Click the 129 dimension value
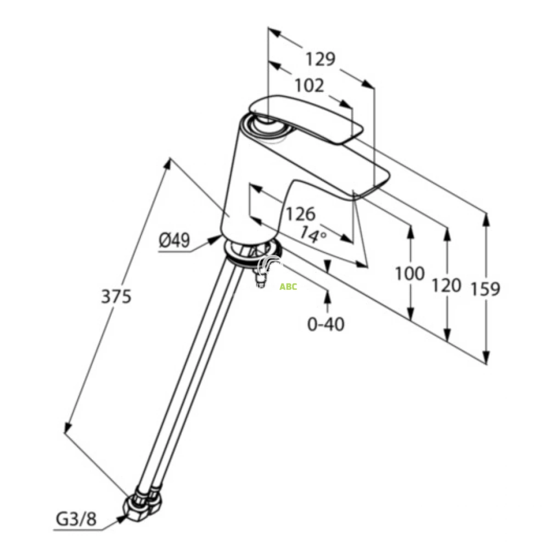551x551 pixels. pyautogui.click(x=321, y=59)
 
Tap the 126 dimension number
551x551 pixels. pyautogui.click(x=301, y=214)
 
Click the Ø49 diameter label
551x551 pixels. pyautogui.click(x=174, y=241)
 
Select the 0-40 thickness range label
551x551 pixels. pyautogui.click(x=326, y=325)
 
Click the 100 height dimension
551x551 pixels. pyautogui.click(x=410, y=274)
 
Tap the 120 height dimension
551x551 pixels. pyautogui.click(x=445, y=286)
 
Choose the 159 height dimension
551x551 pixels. pyautogui.click(x=485, y=288)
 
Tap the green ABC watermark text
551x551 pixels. pyautogui.click(x=288, y=287)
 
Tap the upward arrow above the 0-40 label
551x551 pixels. pyautogui.click(x=327, y=296)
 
